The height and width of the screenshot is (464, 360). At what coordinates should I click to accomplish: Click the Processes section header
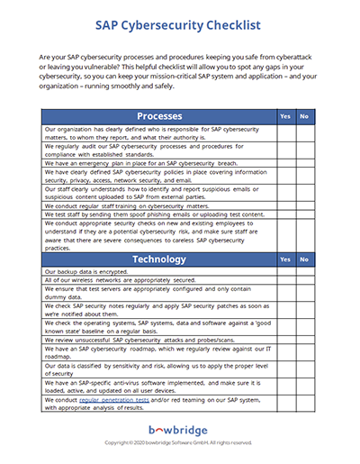pyautogui.click(x=158, y=116)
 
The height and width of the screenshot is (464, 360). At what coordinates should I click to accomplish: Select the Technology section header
pyautogui.click(x=158, y=259)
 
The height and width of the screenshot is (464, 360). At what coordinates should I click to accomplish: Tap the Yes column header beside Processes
pyautogui.click(x=284, y=117)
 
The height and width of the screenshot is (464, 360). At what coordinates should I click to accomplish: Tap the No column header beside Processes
pyautogui.click(x=305, y=117)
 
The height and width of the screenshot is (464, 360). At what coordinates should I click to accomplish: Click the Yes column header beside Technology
pyautogui.click(x=284, y=259)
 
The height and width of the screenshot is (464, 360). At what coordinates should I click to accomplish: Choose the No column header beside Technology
pyautogui.click(x=305, y=259)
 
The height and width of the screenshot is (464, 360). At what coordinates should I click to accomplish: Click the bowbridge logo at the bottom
pyautogui.click(x=179, y=432)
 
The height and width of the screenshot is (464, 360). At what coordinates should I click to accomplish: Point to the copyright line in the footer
pyautogui.click(x=179, y=445)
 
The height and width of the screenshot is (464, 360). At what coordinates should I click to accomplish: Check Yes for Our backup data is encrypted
pyautogui.click(x=284, y=271)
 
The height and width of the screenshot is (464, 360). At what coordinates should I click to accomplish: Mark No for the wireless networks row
pyautogui.click(x=305, y=281)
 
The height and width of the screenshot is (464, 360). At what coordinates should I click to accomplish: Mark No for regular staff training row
pyautogui.click(x=305, y=205)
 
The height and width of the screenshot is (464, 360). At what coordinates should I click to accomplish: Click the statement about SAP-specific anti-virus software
pyautogui.click(x=153, y=386)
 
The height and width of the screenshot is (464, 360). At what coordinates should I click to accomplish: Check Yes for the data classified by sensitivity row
pyautogui.click(x=284, y=368)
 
